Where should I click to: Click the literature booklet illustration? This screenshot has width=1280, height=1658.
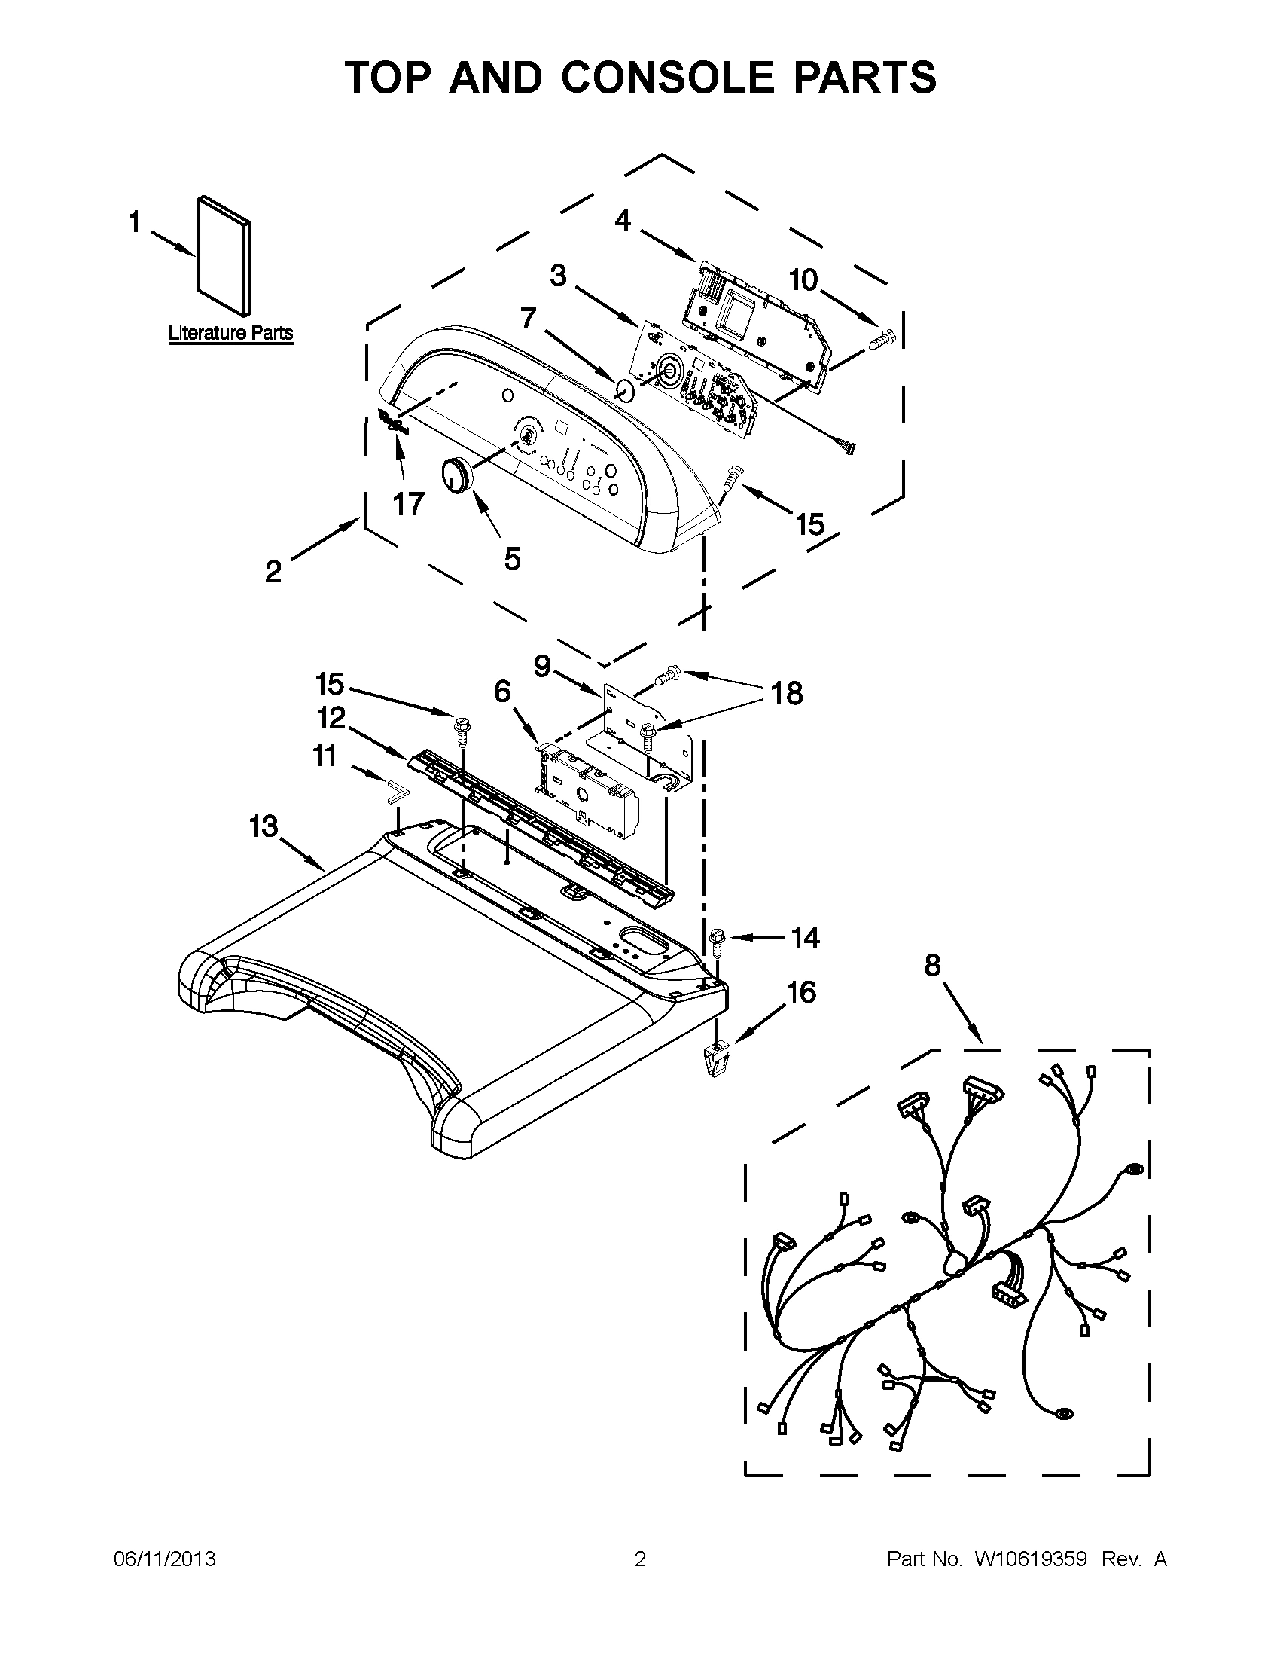tap(222, 257)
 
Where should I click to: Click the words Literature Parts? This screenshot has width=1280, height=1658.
tap(230, 332)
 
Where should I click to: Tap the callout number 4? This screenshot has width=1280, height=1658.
tap(622, 221)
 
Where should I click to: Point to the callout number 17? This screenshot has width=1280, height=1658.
tap(408, 504)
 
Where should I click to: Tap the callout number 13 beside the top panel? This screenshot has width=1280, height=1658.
tap(264, 826)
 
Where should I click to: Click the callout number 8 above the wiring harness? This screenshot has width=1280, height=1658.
tap(932, 966)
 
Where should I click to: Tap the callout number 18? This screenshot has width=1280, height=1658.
tap(787, 693)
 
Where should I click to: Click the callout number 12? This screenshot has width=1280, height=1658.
tap(331, 717)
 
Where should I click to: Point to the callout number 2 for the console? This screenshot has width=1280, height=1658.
tap(273, 571)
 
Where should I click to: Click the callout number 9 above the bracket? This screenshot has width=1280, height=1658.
tap(542, 667)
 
